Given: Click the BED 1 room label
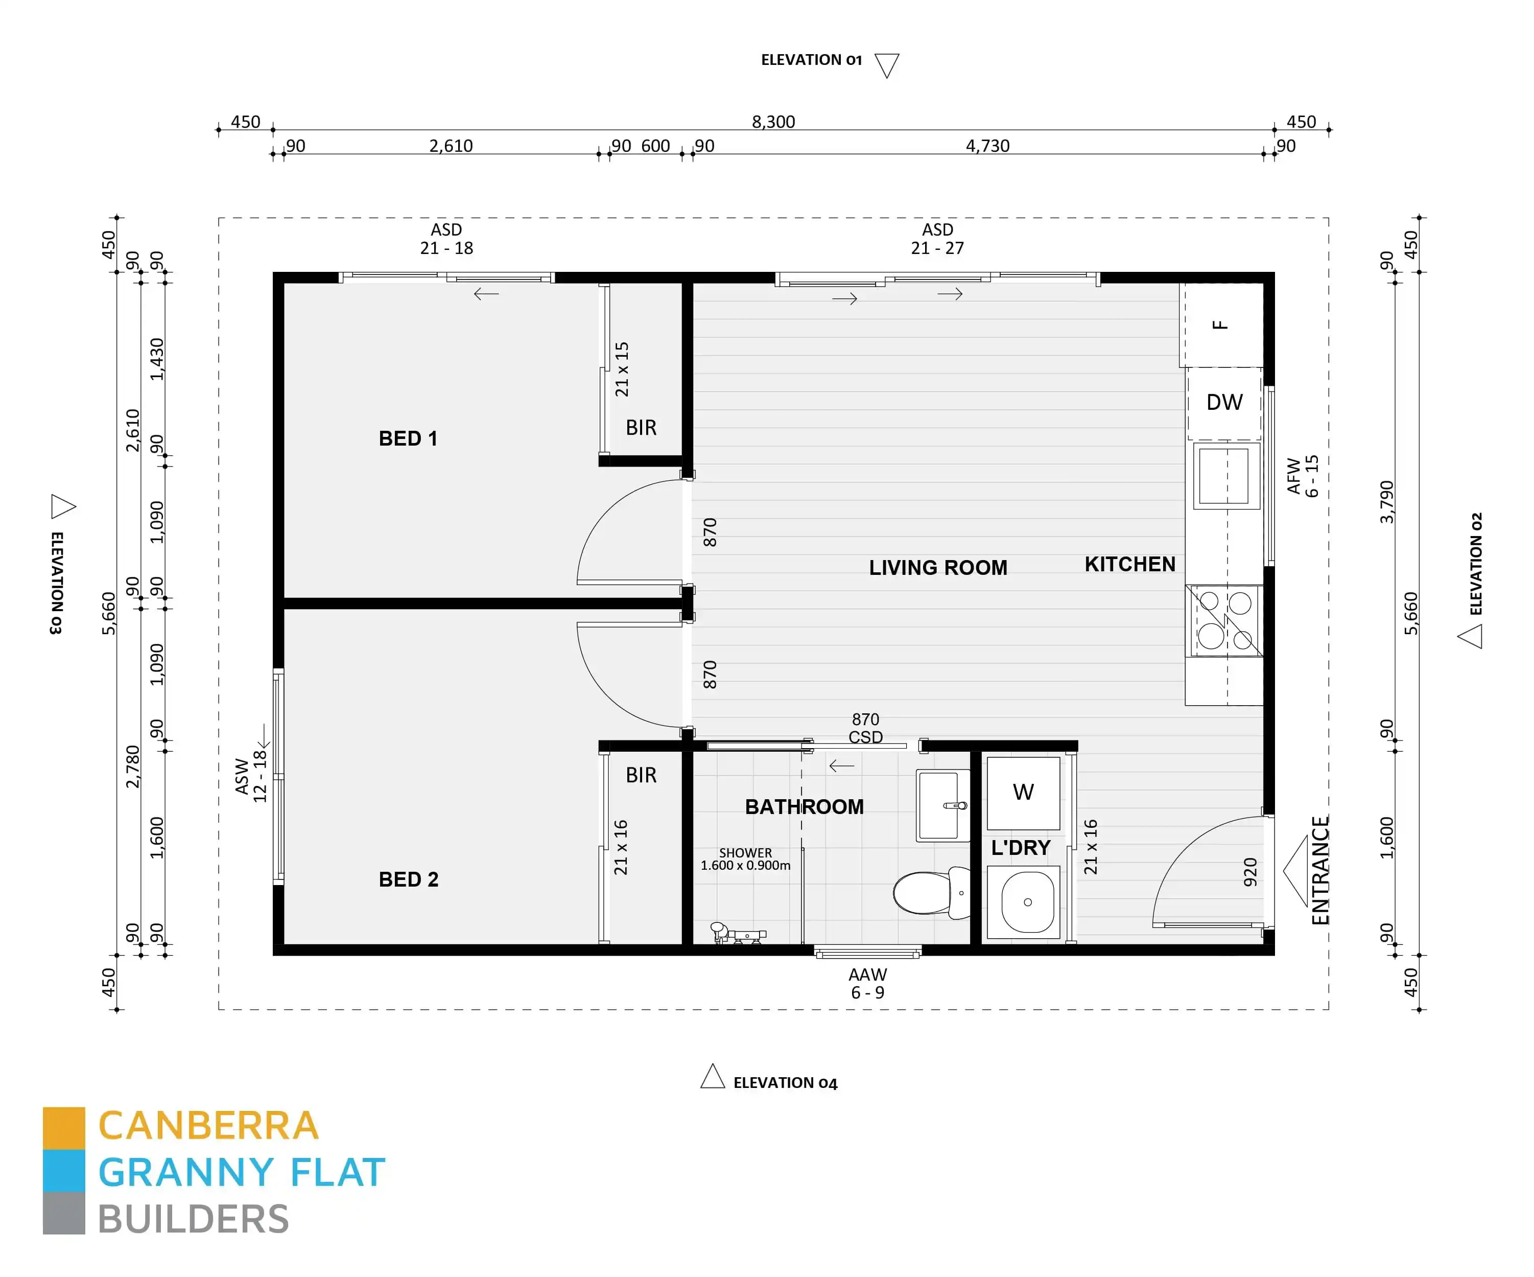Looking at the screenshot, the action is pyautogui.click(x=408, y=438).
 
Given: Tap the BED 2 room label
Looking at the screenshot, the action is pyautogui.click(x=408, y=879).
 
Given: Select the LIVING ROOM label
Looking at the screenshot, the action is pyautogui.click(x=938, y=568).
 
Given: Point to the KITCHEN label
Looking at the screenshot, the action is pyautogui.click(x=1130, y=564).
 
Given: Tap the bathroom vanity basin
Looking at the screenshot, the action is pyautogui.click(x=943, y=805).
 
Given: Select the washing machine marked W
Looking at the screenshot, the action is pyautogui.click(x=1023, y=793).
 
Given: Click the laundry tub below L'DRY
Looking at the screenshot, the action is pyautogui.click(x=1023, y=902).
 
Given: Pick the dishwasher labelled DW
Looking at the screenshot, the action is pyautogui.click(x=1224, y=403).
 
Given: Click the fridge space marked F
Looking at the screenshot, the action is pyautogui.click(x=1221, y=325).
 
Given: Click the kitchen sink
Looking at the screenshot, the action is pyautogui.click(x=1227, y=476).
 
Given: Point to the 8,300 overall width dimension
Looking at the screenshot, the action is pyautogui.click(x=773, y=122).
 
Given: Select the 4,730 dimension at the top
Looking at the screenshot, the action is pyautogui.click(x=987, y=146).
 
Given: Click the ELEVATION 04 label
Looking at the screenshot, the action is pyautogui.click(x=785, y=1083).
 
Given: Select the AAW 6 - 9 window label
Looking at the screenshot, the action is pyautogui.click(x=868, y=983).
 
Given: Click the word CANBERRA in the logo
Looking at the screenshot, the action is pyautogui.click(x=209, y=1126).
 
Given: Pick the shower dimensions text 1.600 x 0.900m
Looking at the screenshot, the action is pyautogui.click(x=745, y=866).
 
